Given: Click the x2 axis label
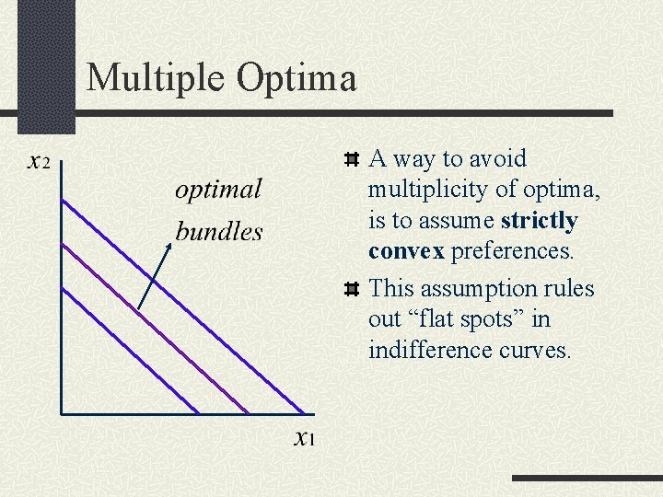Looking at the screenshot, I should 40,163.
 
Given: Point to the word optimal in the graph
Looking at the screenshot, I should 218,191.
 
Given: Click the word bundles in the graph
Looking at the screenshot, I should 219,231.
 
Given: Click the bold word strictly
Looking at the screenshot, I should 539,221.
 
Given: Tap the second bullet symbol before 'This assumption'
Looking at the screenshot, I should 351,290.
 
